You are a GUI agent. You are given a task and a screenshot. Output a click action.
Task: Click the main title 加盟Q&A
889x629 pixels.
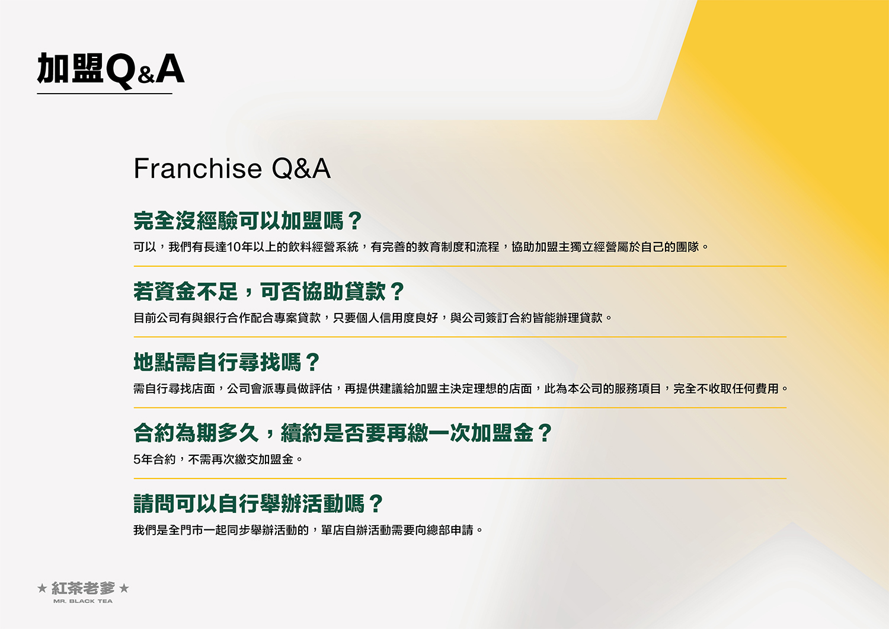click(111, 69)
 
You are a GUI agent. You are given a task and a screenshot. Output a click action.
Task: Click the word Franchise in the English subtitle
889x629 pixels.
click(197, 168)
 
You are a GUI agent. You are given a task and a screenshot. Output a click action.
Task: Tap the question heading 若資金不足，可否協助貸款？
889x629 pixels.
click(269, 292)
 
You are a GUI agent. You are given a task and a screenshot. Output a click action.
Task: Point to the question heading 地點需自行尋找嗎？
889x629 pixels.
click(226, 362)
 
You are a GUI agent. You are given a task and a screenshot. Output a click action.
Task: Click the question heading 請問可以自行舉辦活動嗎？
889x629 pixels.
click(258, 503)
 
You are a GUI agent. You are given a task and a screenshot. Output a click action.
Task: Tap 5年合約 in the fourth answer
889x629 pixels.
click(154, 459)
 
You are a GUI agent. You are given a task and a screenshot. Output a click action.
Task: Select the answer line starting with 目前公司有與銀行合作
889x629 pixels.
click(373, 318)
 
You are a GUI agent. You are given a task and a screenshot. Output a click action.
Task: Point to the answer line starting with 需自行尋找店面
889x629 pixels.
click(461, 388)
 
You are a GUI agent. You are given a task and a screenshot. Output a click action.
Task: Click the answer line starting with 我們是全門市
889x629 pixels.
click(308, 530)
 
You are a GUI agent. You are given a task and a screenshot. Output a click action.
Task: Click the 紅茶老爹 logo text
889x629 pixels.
click(84, 588)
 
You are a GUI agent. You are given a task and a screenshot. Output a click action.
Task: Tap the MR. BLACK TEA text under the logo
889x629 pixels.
click(83, 601)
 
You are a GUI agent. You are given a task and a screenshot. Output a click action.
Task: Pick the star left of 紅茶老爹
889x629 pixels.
click(42, 588)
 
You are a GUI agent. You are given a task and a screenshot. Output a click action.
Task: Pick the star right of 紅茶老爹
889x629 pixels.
click(124, 588)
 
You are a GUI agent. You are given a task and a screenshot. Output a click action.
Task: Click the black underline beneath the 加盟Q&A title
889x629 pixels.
click(105, 94)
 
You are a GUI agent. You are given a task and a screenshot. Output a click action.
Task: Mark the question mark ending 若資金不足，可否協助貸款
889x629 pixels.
click(397, 292)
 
